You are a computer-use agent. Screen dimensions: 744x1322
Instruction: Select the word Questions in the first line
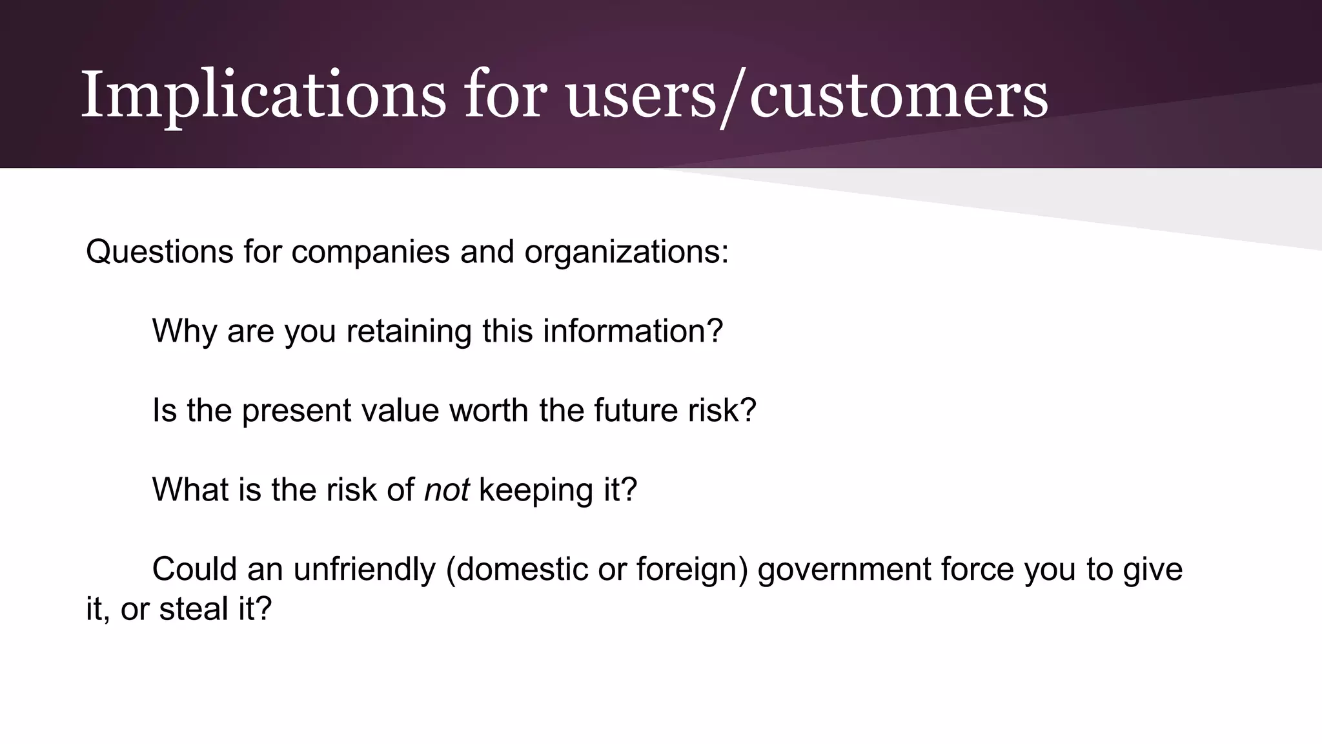click(x=159, y=251)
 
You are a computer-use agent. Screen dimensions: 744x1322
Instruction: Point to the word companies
click(x=370, y=251)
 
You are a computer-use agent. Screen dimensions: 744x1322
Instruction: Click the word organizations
click(x=626, y=251)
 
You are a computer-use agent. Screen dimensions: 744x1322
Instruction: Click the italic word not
click(x=446, y=490)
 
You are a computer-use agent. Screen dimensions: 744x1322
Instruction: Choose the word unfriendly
click(x=365, y=570)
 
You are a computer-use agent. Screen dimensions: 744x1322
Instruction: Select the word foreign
click(x=692, y=570)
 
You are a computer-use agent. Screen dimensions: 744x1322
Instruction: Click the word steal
click(x=193, y=609)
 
